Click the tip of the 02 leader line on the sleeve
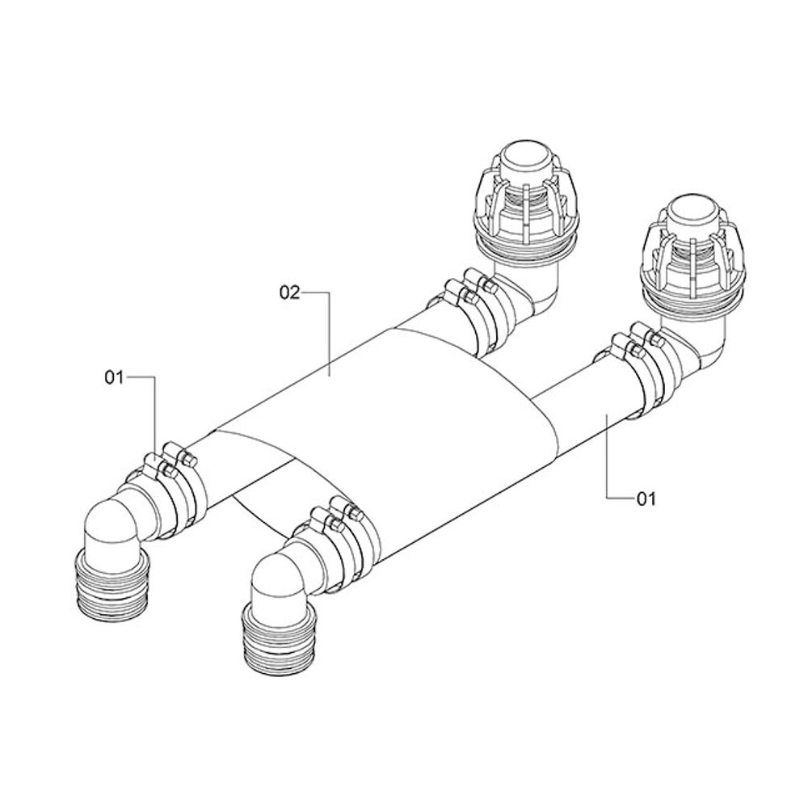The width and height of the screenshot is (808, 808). click(330, 377)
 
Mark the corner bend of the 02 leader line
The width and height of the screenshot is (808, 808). click(330, 293)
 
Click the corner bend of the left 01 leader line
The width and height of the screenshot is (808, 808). click(155, 377)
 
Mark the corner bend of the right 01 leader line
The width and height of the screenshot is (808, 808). click(607, 498)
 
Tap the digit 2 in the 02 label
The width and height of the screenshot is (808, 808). click(294, 292)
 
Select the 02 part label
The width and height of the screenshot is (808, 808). click(289, 292)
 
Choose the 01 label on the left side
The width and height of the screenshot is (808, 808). click(115, 377)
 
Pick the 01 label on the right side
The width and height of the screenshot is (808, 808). click(647, 499)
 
